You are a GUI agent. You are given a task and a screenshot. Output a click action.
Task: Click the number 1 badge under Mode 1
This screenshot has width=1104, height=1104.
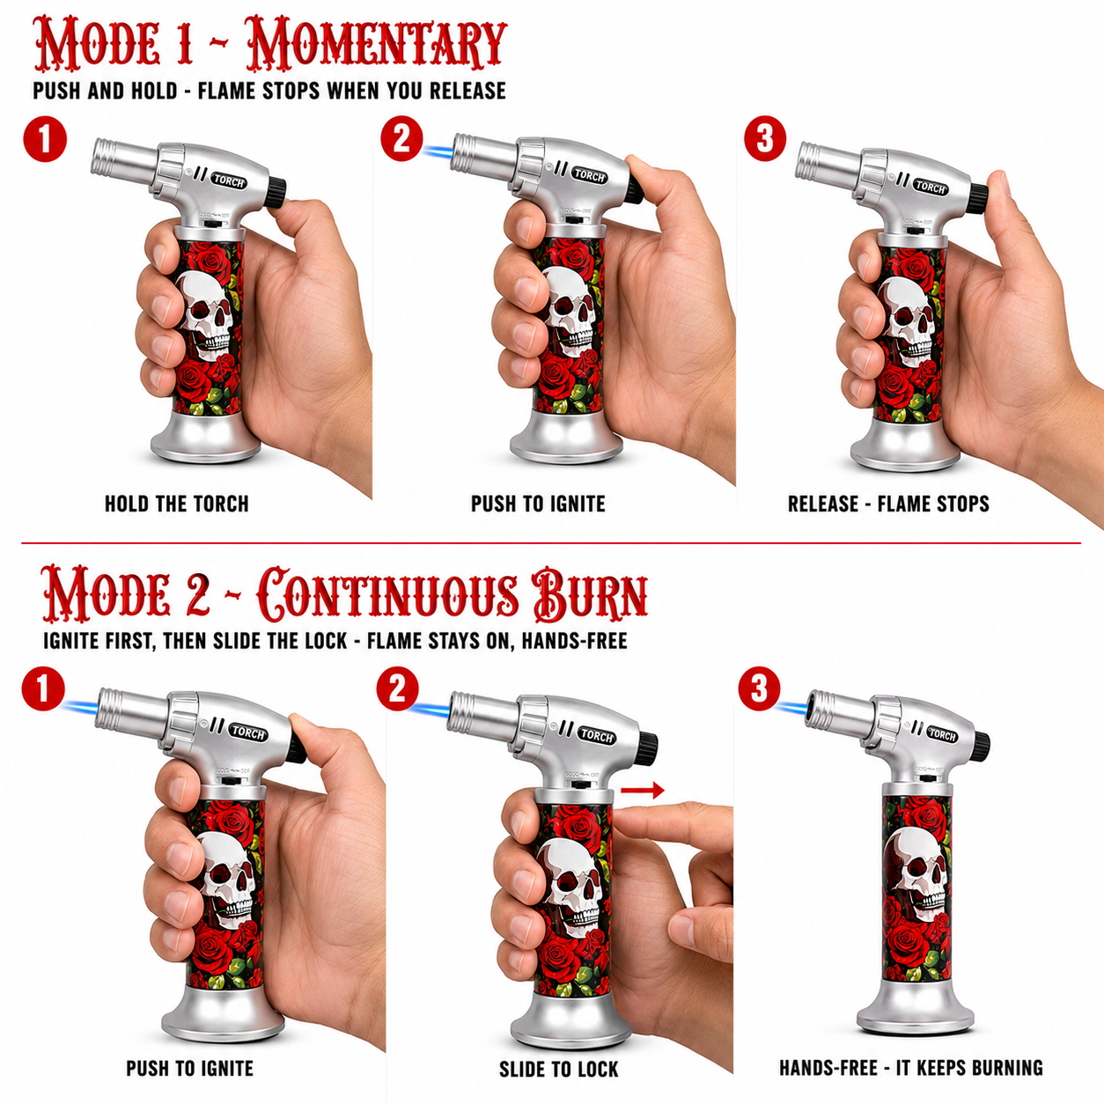pyautogui.click(x=45, y=140)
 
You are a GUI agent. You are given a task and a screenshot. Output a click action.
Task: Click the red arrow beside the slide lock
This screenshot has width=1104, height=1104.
pyautogui.click(x=642, y=791)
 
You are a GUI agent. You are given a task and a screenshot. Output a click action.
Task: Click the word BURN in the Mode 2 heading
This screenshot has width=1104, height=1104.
pyautogui.click(x=591, y=595)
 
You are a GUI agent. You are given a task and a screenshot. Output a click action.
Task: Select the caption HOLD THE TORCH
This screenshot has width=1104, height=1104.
pyautogui.click(x=177, y=504)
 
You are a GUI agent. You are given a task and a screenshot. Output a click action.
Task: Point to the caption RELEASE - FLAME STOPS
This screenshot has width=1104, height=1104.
pyautogui.click(x=888, y=504)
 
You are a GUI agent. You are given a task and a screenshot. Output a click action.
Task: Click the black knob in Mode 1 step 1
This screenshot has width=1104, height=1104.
pyautogui.click(x=277, y=193)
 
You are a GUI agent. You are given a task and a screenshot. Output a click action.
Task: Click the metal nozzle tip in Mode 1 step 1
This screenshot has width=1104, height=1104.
pyautogui.click(x=105, y=156)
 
